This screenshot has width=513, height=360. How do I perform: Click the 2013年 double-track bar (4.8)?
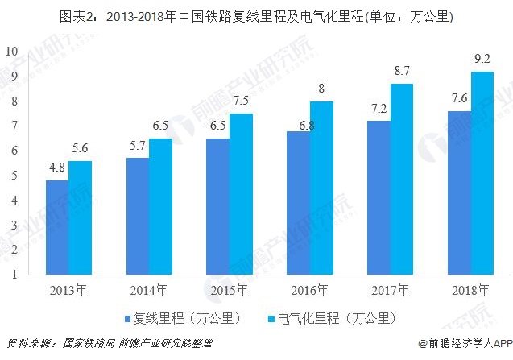pos(56,227)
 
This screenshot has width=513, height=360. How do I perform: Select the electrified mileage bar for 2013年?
pos(80,217)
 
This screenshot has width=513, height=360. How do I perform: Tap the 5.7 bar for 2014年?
pos(138,216)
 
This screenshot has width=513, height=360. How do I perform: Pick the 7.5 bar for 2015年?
pos(241,193)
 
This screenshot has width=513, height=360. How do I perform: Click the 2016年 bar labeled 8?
pos(321,188)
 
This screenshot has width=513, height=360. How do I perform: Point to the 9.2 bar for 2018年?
pos(482,172)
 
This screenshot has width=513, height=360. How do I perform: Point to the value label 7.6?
pos(459,100)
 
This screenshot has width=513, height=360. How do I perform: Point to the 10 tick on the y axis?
pos(11,51)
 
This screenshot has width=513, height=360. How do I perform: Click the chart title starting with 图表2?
pos(256,16)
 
